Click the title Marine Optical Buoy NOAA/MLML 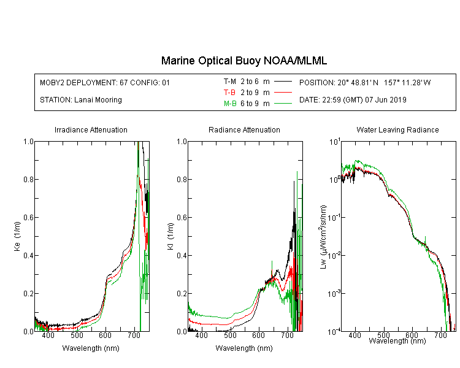click(243, 61)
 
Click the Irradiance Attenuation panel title click(91, 129)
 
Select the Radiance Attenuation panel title click(244, 129)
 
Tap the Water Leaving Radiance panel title click(397, 129)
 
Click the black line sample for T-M click(283, 82)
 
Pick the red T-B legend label click(229, 93)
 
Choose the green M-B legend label click(230, 103)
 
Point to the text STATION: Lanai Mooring click(81, 100)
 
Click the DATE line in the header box click(353, 100)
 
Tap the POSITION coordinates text click(365, 82)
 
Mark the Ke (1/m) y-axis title click(17, 236)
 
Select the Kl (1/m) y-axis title click(171, 236)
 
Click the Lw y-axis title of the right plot click(323, 237)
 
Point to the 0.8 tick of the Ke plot click(28, 179)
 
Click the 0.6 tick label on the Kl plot click(182, 218)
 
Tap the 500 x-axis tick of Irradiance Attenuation click(77, 335)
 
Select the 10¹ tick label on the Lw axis click(335, 142)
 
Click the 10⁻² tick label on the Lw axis click(334, 256)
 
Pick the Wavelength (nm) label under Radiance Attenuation click(244, 348)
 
